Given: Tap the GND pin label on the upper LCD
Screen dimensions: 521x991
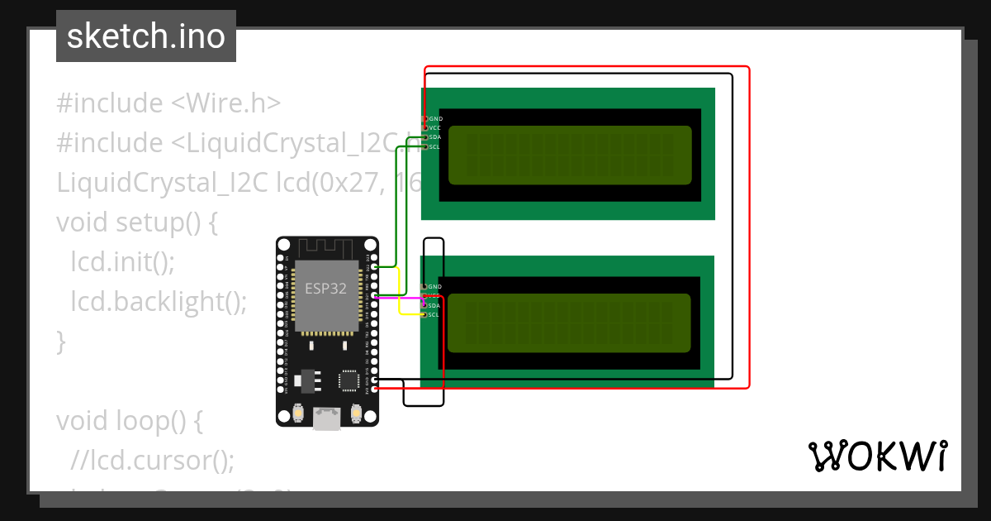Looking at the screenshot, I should pyautogui.click(x=435, y=119).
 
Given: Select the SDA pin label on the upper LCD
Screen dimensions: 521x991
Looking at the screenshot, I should pyautogui.click(x=434, y=137).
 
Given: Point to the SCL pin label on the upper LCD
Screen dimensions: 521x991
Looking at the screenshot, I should pyautogui.click(x=434, y=146).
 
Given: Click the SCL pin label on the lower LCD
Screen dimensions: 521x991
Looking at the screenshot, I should pyautogui.click(x=434, y=315).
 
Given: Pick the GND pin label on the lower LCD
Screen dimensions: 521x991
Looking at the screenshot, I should pyautogui.click(x=435, y=287).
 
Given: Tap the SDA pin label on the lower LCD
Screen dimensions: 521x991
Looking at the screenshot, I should pyautogui.click(x=434, y=306).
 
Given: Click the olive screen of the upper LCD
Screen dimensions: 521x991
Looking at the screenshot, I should pyautogui.click(x=570, y=155).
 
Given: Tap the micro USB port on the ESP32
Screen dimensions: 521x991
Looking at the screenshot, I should pyautogui.click(x=327, y=418).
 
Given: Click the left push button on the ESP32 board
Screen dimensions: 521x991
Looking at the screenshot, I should pyautogui.click(x=298, y=412).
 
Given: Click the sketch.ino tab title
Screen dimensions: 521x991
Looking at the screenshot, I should pyautogui.click(x=146, y=36).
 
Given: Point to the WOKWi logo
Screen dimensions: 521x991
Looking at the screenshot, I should pyautogui.click(x=877, y=456).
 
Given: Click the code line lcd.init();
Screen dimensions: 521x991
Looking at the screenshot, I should pyautogui.click(x=123, y=262).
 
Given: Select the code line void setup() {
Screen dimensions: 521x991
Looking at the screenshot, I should pyautogui.click(x=136, y=222).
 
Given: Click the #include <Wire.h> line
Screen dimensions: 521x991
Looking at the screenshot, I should pyautogui.click(x=168, y=103).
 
